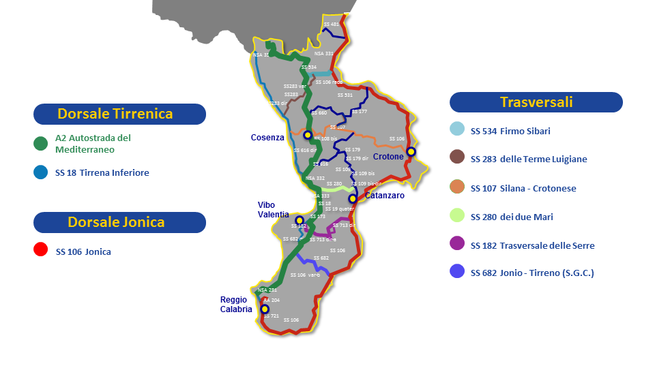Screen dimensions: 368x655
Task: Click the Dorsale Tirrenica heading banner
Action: point(119,114)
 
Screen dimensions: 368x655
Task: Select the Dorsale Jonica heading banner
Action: point(119,222)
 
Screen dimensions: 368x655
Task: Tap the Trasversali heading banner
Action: point(536,102)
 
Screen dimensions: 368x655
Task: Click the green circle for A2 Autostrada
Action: point(41,143)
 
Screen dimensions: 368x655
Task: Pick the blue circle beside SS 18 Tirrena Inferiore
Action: point(41,173)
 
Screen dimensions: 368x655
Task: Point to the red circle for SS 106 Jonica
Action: point(41,251)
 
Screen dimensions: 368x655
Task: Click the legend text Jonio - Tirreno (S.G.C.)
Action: point(547,273)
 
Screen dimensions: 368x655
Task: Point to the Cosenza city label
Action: point(267,138)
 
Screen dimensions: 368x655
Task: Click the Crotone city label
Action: point(388,157)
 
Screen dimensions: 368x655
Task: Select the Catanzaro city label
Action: point(384,196)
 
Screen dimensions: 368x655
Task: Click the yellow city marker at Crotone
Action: point(411,151)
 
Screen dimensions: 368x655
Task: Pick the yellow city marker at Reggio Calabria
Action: point(265,309)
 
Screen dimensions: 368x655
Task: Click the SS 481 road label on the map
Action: point(331,25)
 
